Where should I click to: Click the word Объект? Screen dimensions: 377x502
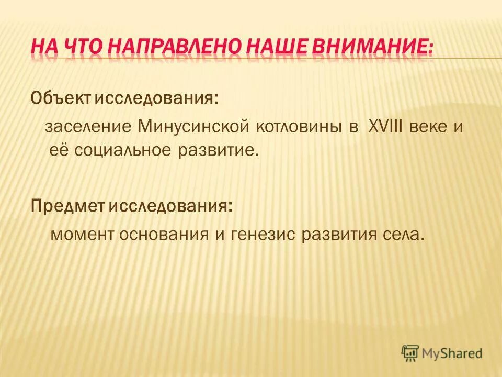click(54, 97)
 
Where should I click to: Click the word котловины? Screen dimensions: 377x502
click(293, 128)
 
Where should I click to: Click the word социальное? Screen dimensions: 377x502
click(132, 151)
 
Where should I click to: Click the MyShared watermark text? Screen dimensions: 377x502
click(453, 353)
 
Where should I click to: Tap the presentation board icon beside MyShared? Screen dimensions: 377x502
click(411, 353)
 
